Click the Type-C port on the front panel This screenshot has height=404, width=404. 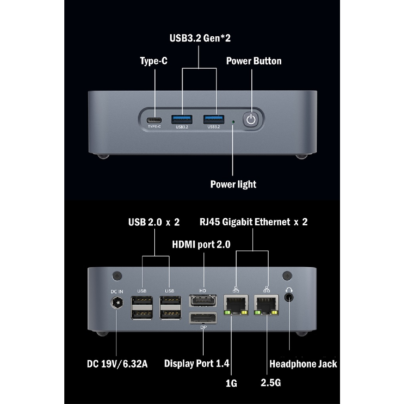[155, 120]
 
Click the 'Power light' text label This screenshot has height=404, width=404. [233, 184]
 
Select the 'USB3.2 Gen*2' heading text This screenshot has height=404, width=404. [200, 38]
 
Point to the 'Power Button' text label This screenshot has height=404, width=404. [254, 61]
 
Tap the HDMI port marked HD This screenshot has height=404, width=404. [203, 301]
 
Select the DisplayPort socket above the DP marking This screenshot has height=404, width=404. [203, 318]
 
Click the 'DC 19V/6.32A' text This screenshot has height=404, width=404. [117, 364]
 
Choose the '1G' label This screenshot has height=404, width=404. [232, 383]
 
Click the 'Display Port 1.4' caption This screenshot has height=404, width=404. [196, 363]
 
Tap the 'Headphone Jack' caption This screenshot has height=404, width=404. [303, 364]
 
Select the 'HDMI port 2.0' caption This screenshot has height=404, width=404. [201, 245]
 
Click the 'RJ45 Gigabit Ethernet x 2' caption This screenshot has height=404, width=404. [253, 222]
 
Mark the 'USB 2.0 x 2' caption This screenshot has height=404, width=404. [154, 222]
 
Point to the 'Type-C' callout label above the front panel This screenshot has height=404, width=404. [153, 61]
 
